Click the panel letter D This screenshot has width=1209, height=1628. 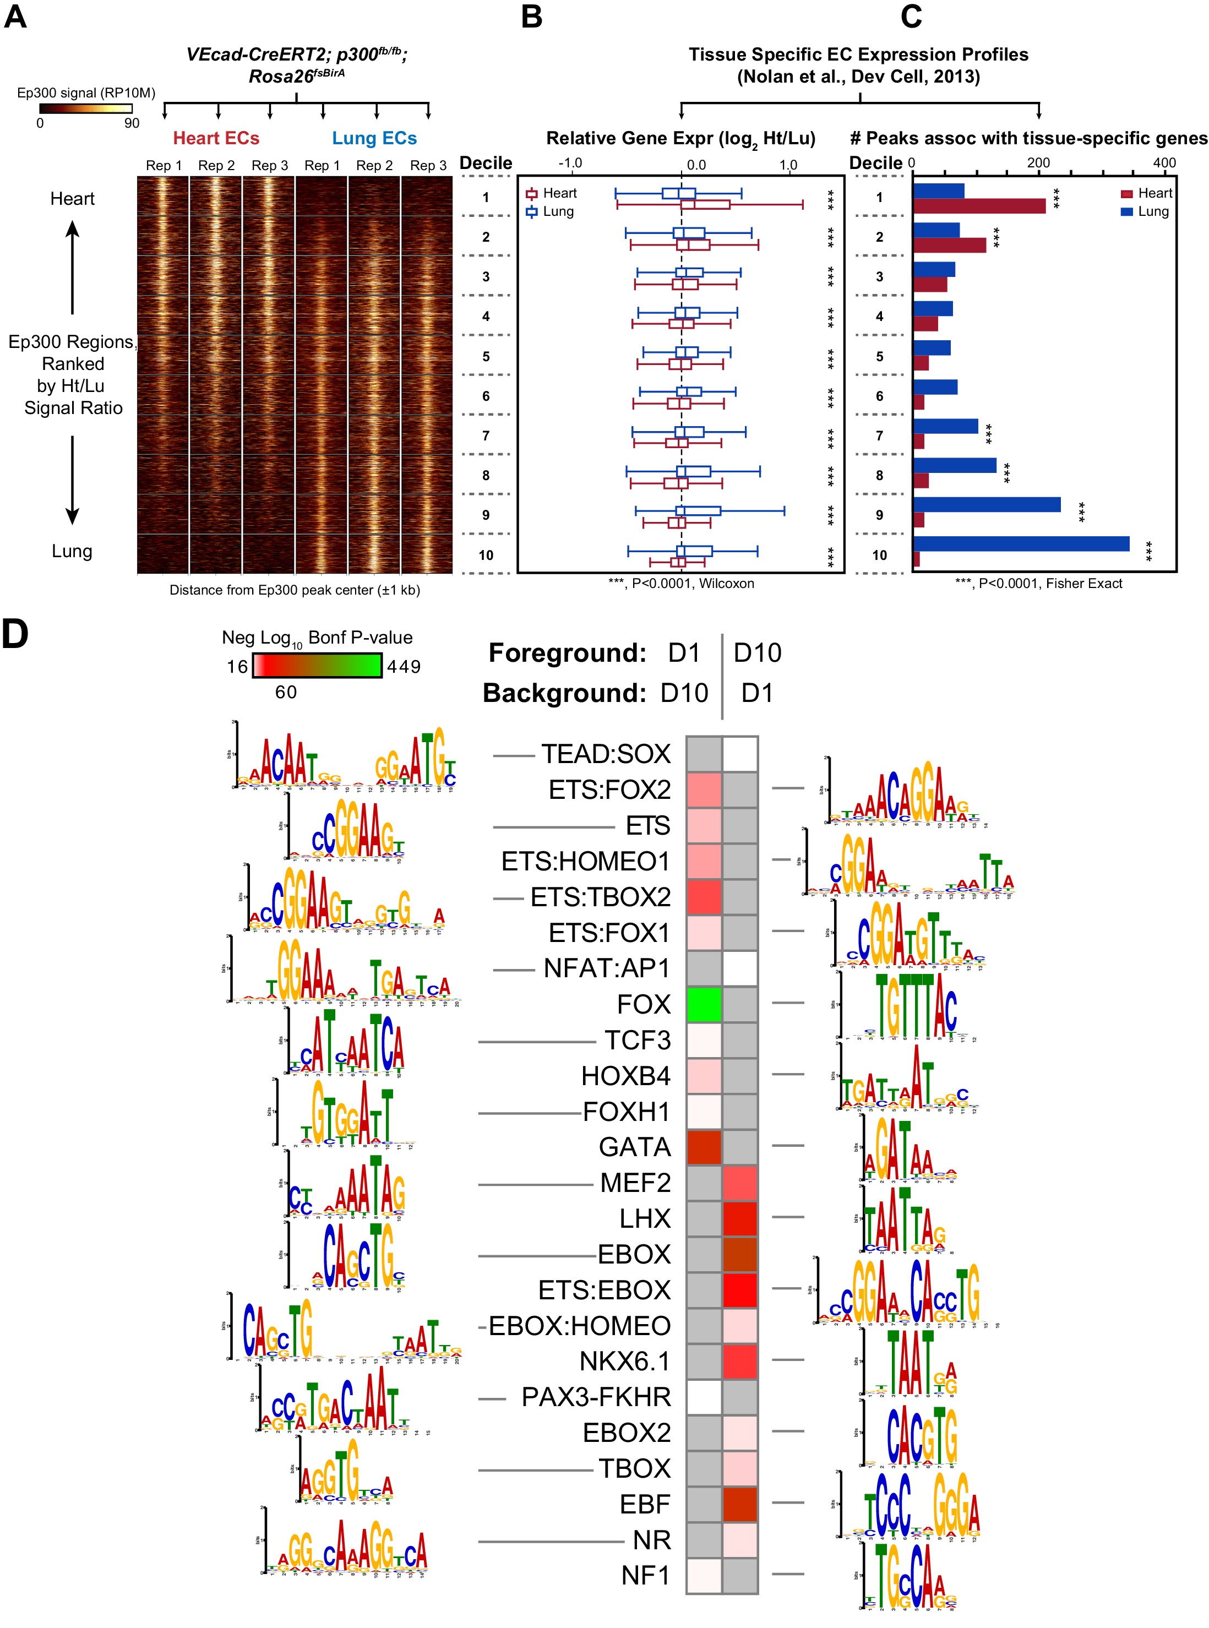15,634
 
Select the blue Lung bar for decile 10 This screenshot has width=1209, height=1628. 1020,543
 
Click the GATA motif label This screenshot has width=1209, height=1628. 635,1147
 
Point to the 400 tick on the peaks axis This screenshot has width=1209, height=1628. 1164,162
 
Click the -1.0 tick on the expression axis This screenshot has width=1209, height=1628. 570,162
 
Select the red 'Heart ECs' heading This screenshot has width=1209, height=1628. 216,138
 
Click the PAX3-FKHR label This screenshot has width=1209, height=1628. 596,1397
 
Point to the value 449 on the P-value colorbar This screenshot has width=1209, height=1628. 404,667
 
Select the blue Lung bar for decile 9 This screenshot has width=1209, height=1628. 986,504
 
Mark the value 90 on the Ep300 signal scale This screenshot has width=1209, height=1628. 132,123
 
